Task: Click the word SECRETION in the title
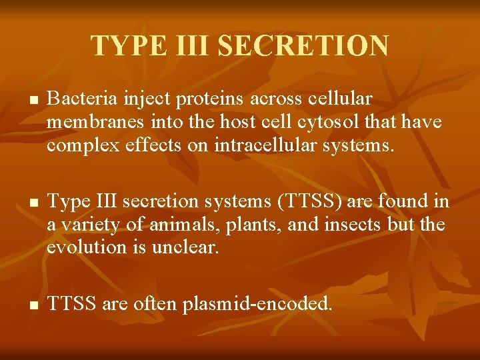tap(303, 46)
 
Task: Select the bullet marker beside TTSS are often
tap(33, 305)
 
